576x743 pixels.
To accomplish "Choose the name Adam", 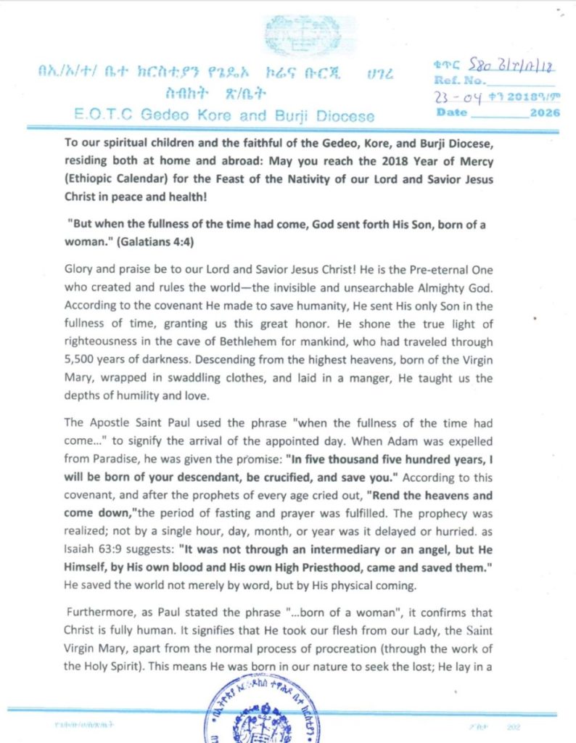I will pos(379,441).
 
